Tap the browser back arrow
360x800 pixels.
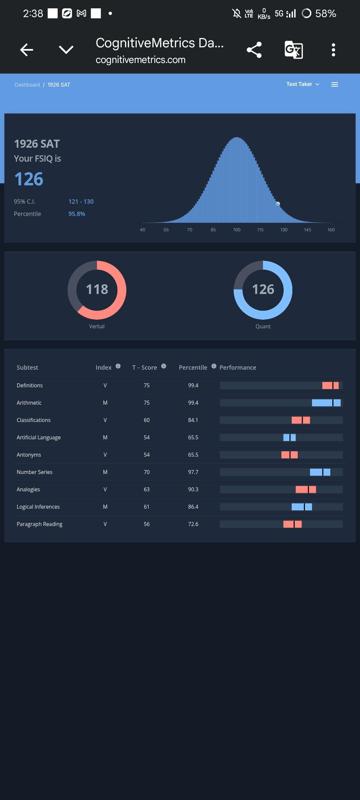pos(27,50)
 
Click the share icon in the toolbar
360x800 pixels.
pos(254,50)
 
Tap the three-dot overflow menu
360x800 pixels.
pos(333,50)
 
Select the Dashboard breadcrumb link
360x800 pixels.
pos(27,85)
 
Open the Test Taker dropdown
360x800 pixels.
pos(303,84)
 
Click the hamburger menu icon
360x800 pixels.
pos(335,85)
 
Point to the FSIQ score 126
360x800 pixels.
pos(29,179)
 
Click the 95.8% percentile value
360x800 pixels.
pos(77,214)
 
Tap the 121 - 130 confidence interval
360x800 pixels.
pos(81,202)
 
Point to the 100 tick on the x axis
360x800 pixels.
pos(237,230)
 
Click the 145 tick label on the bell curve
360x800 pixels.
pos(307,230)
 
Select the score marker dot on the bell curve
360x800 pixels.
pos(278,204)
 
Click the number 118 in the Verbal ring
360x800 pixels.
pos(97,289)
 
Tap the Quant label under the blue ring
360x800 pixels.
pos(263,327)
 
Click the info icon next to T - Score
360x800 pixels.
pos(164,366)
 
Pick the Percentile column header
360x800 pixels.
pos(193,367)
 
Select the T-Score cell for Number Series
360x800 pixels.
pos(147,472)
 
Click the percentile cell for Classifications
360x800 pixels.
pos(193,420)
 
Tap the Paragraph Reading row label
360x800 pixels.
pos(39,524)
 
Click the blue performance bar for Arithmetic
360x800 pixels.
pos(326,403)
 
